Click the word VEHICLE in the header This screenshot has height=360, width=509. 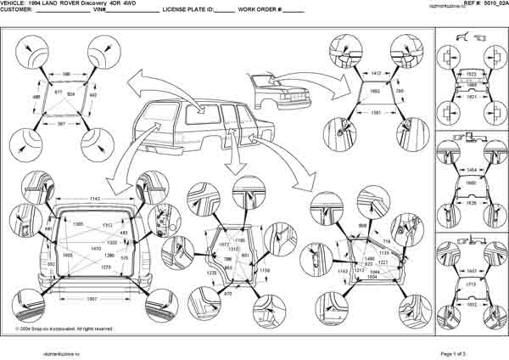point(14,4)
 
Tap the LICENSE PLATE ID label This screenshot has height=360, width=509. point(187,10)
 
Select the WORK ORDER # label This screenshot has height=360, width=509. point(259,10)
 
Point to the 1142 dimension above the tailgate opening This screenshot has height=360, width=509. point(98,197)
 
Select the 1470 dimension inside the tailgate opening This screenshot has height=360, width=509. point(98,248)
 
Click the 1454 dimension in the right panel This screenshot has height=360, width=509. point(471,169)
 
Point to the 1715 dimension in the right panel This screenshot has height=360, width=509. point(471,277)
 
